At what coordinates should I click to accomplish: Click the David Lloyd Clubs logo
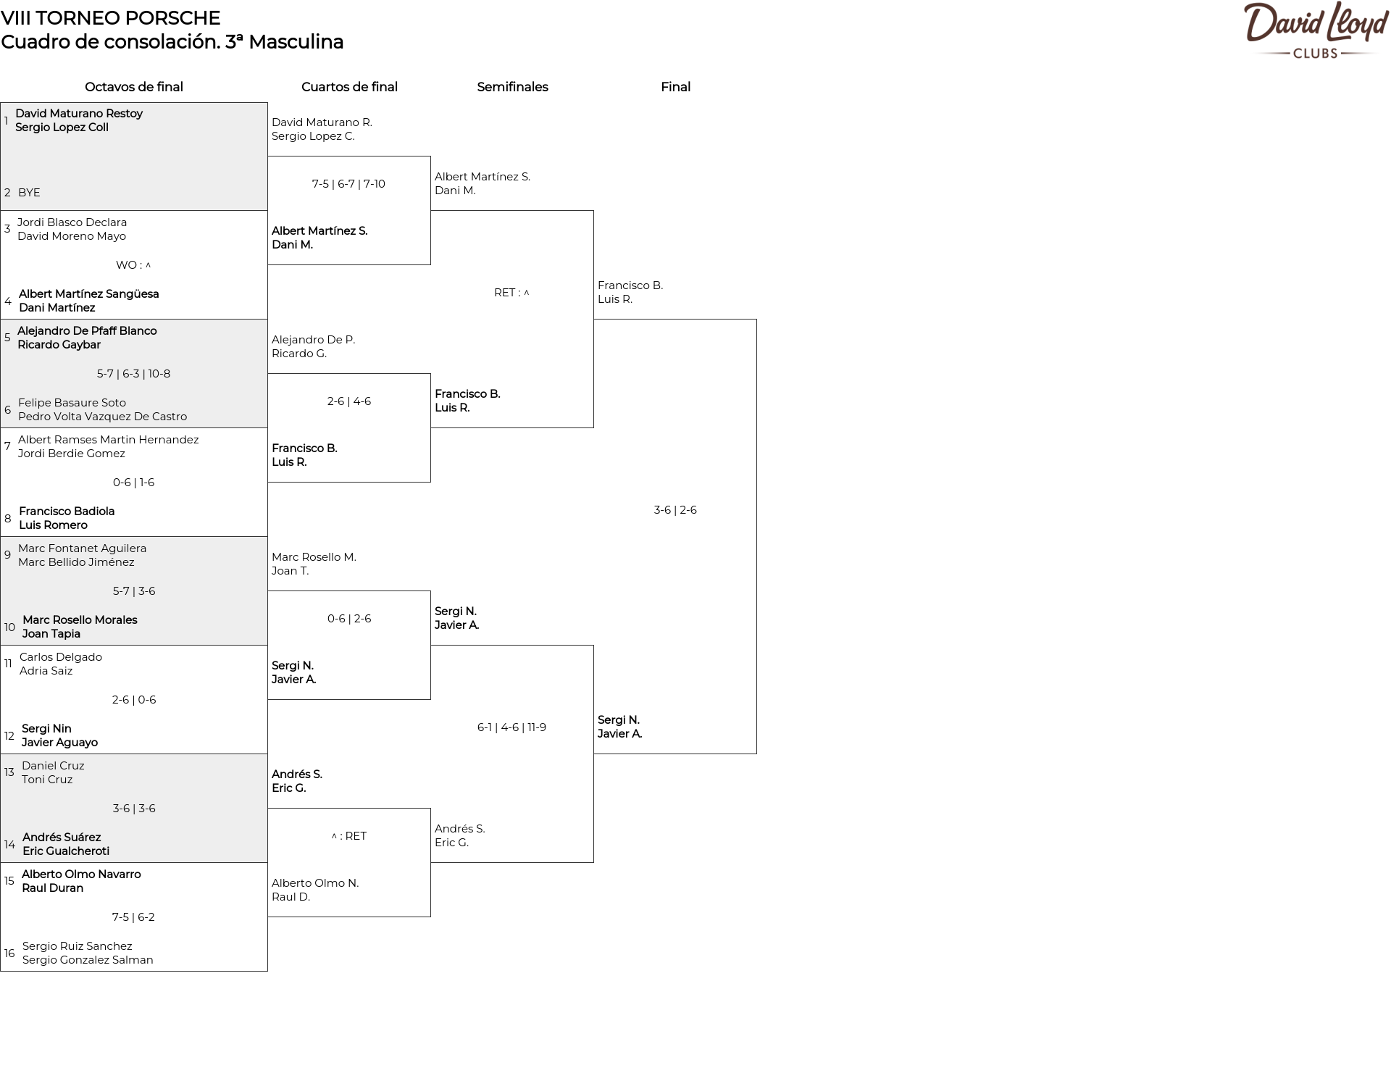[1315, 30]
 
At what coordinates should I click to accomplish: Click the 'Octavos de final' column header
[134, 87]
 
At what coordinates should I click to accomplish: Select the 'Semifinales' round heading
[512, 87]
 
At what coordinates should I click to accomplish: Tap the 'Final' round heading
[675, 87]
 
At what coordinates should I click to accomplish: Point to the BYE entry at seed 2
[29, 193]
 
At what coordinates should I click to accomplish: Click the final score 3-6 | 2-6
[675, 510]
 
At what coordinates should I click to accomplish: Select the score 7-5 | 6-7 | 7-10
[348, 184]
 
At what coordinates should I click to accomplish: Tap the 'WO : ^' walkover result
[133, 265]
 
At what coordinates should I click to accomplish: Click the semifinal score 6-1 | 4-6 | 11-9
[511, 727]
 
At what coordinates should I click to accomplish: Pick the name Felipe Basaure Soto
[72, 403]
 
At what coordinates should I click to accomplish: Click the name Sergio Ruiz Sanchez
[78, 946]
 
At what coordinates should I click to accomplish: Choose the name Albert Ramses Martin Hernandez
[108, 440]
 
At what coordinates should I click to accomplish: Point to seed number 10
[9, 627]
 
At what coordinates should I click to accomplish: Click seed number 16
[9, 953]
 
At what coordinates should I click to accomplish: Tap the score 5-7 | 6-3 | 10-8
[134, 374]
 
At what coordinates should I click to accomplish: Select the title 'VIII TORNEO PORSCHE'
[110, 18]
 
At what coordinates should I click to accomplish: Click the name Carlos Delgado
[61, 657]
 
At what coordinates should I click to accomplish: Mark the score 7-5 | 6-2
[133, 917]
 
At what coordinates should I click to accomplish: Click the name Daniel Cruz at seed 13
[53, 766]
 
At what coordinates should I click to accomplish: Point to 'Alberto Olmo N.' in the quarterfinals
[315, 883]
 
